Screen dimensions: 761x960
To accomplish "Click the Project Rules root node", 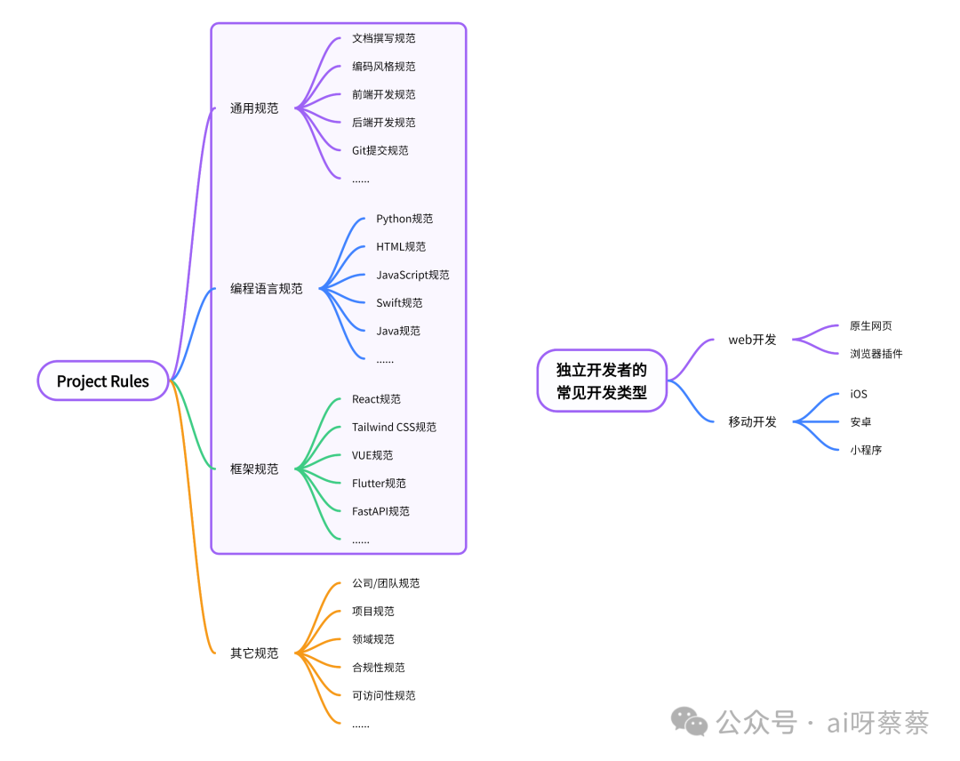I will (x=103, y=381).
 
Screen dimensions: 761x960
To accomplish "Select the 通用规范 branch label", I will (x=254, y=108).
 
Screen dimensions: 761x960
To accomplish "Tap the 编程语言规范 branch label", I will (x=267, y=289).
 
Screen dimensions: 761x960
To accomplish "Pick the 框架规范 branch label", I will (x=254, y=469).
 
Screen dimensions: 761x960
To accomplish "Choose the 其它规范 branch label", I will (x=254, y=653).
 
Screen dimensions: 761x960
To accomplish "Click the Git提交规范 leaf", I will (x=380, y=151).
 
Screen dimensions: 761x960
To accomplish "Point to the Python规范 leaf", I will (x=404, y=219).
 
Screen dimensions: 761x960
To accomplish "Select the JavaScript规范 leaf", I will (x=412, y=275).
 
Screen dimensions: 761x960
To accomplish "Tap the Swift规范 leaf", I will (x=399, y=303).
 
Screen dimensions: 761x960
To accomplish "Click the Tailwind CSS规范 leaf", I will (x=394, y=428).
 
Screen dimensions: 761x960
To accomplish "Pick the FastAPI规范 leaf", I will (x=380, y=512).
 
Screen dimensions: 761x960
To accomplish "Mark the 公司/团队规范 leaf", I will (x=386, y=584).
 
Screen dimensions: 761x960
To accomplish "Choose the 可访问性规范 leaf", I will (x=383, y=696).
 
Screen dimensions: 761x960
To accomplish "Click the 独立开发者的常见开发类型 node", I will (x=602, y=381).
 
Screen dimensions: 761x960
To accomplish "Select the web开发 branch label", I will (x=752, y=340).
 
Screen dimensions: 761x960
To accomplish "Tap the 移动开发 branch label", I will (x=752, y=422).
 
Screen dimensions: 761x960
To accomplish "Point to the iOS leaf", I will (x=858, y=394).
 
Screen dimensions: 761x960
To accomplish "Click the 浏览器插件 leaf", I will (x=876, y=354).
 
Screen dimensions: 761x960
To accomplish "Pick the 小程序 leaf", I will (x=866, y=450).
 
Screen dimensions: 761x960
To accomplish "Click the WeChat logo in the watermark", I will (x=689, y=721).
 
